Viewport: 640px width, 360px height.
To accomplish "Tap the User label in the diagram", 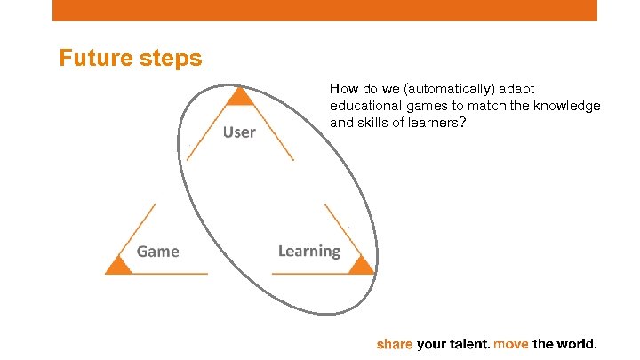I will [x=239, y=132].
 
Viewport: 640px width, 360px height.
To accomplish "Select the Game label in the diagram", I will [x=158, y=252].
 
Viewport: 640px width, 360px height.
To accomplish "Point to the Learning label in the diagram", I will [x=308, y=251].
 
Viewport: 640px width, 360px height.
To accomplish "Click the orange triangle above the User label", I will [x=237, y=97].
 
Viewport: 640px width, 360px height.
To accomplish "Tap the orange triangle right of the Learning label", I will [x=360, y=264].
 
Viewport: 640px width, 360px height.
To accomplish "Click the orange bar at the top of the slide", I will [x=324, y=10].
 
